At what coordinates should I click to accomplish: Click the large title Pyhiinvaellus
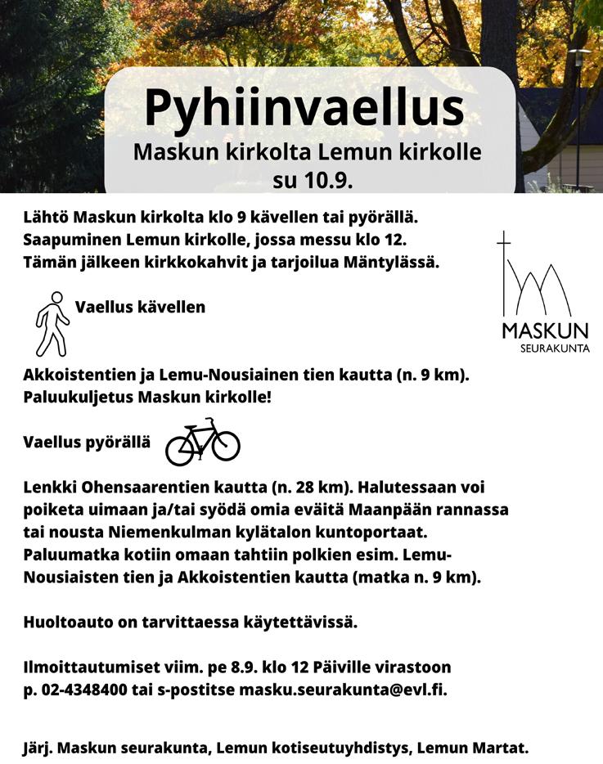coord(304,108)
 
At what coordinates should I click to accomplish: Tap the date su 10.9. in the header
coord(313,180)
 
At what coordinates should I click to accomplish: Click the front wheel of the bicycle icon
coord(223,447)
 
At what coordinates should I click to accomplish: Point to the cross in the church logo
coord(504,245)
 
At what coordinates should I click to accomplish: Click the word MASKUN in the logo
coord(545,331)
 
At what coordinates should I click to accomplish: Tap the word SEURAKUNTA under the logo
coord(555,348)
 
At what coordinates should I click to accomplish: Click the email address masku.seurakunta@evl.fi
coord(343,690)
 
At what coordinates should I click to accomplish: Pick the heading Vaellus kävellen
coord(140,308)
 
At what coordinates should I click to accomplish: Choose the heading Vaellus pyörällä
coord(87,442)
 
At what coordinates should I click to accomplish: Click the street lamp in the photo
coord(578,57)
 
